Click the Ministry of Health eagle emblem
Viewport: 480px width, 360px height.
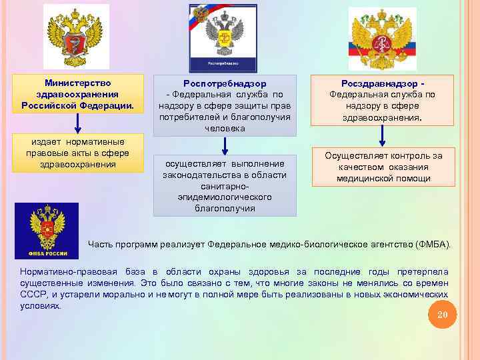point(77,37)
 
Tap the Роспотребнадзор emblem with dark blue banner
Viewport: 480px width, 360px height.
point(222,37)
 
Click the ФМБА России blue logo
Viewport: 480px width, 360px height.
point(47,231)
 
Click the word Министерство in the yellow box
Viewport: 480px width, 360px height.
point(77,83)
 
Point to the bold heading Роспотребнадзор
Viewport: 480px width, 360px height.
point(225,84)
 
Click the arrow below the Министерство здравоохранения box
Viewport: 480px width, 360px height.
point(77,123)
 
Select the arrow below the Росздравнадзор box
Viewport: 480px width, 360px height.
point(382,135)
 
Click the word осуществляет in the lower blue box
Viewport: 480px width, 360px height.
point(193,163)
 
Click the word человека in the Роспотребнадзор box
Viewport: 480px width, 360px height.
point(225,128)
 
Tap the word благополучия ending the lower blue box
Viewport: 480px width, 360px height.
point(225,208)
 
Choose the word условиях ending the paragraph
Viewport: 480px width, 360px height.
point(40,305)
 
